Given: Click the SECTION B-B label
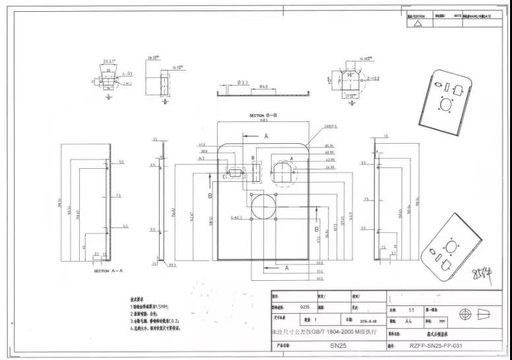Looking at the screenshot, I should click(263, 115).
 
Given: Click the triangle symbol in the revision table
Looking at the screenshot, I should click(417, 22).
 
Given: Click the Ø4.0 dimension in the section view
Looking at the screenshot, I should click(263, 86).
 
